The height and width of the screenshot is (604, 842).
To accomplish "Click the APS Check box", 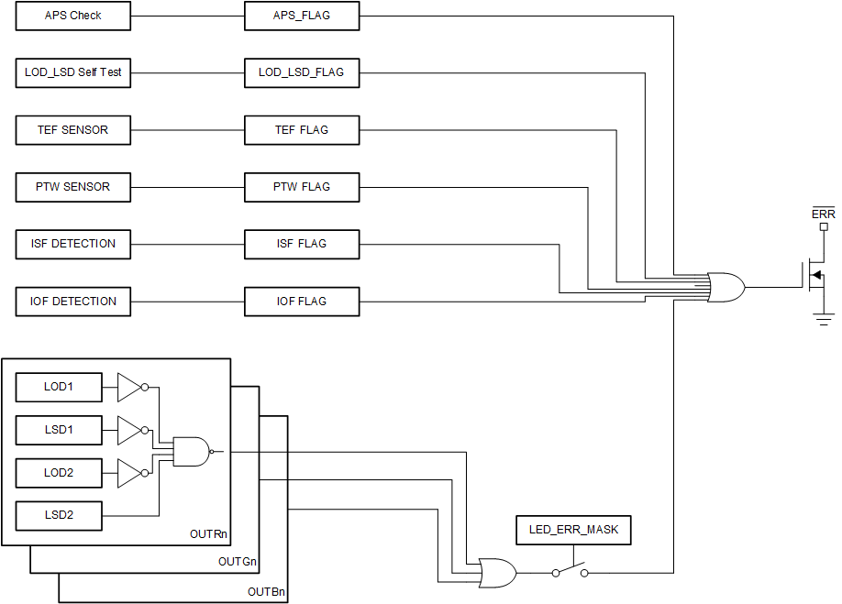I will pos(73,16).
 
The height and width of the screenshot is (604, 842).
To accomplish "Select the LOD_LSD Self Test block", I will pos(73,72).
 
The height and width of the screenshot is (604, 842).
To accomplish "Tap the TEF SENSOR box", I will pos(73,130).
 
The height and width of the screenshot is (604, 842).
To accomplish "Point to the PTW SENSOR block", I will pos(73,187).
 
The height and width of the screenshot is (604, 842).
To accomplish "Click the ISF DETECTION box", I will pos(73,244).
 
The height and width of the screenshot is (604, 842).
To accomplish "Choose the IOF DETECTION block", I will pos(73,302).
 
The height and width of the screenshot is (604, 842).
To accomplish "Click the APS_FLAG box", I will pos(302,16).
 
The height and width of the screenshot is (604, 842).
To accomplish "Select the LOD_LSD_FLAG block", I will pos(302,72).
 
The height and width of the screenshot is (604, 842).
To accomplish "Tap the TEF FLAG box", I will pos(302,130).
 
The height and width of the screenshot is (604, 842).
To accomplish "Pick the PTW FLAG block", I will pos(302,187).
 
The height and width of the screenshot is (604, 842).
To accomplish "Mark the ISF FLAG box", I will pos(302,244).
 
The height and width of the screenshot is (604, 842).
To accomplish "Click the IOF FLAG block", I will pos(302,302).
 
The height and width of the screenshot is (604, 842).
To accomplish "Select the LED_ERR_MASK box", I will pos(573,530).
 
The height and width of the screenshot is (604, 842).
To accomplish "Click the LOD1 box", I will pos(59,387).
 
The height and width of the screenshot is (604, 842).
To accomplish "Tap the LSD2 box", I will pos(59,515).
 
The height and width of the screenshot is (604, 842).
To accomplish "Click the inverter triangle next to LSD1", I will pos(129,430).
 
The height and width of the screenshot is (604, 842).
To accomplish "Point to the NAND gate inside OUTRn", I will pos(190,451).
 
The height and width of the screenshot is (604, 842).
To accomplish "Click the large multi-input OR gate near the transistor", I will pos(726,288).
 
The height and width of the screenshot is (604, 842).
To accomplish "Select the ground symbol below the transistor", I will pos(824,318).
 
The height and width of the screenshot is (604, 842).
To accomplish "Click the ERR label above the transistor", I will pos(824,214).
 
